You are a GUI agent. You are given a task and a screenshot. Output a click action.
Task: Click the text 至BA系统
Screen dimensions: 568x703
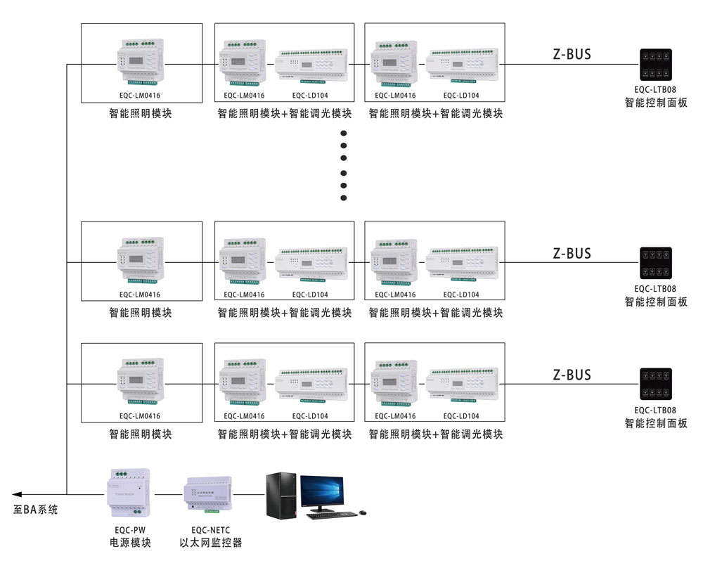click(35, 510)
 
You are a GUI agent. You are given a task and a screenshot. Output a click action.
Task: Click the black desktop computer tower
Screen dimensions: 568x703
click(281, 495)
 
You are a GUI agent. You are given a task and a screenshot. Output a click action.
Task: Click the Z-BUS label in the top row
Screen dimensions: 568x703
click(572, 54)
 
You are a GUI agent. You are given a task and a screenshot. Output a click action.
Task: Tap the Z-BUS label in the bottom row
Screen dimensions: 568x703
click(572, 375)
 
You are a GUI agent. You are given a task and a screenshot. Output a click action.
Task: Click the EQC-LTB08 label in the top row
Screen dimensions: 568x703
click(655, 90)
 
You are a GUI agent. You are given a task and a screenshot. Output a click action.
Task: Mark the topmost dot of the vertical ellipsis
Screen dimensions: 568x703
click(344, 134)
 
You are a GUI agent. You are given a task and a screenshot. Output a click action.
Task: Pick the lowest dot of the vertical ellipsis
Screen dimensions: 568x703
click(344, 198)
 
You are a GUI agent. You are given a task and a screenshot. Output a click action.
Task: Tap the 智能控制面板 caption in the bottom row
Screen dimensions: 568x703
click(655, 423)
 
